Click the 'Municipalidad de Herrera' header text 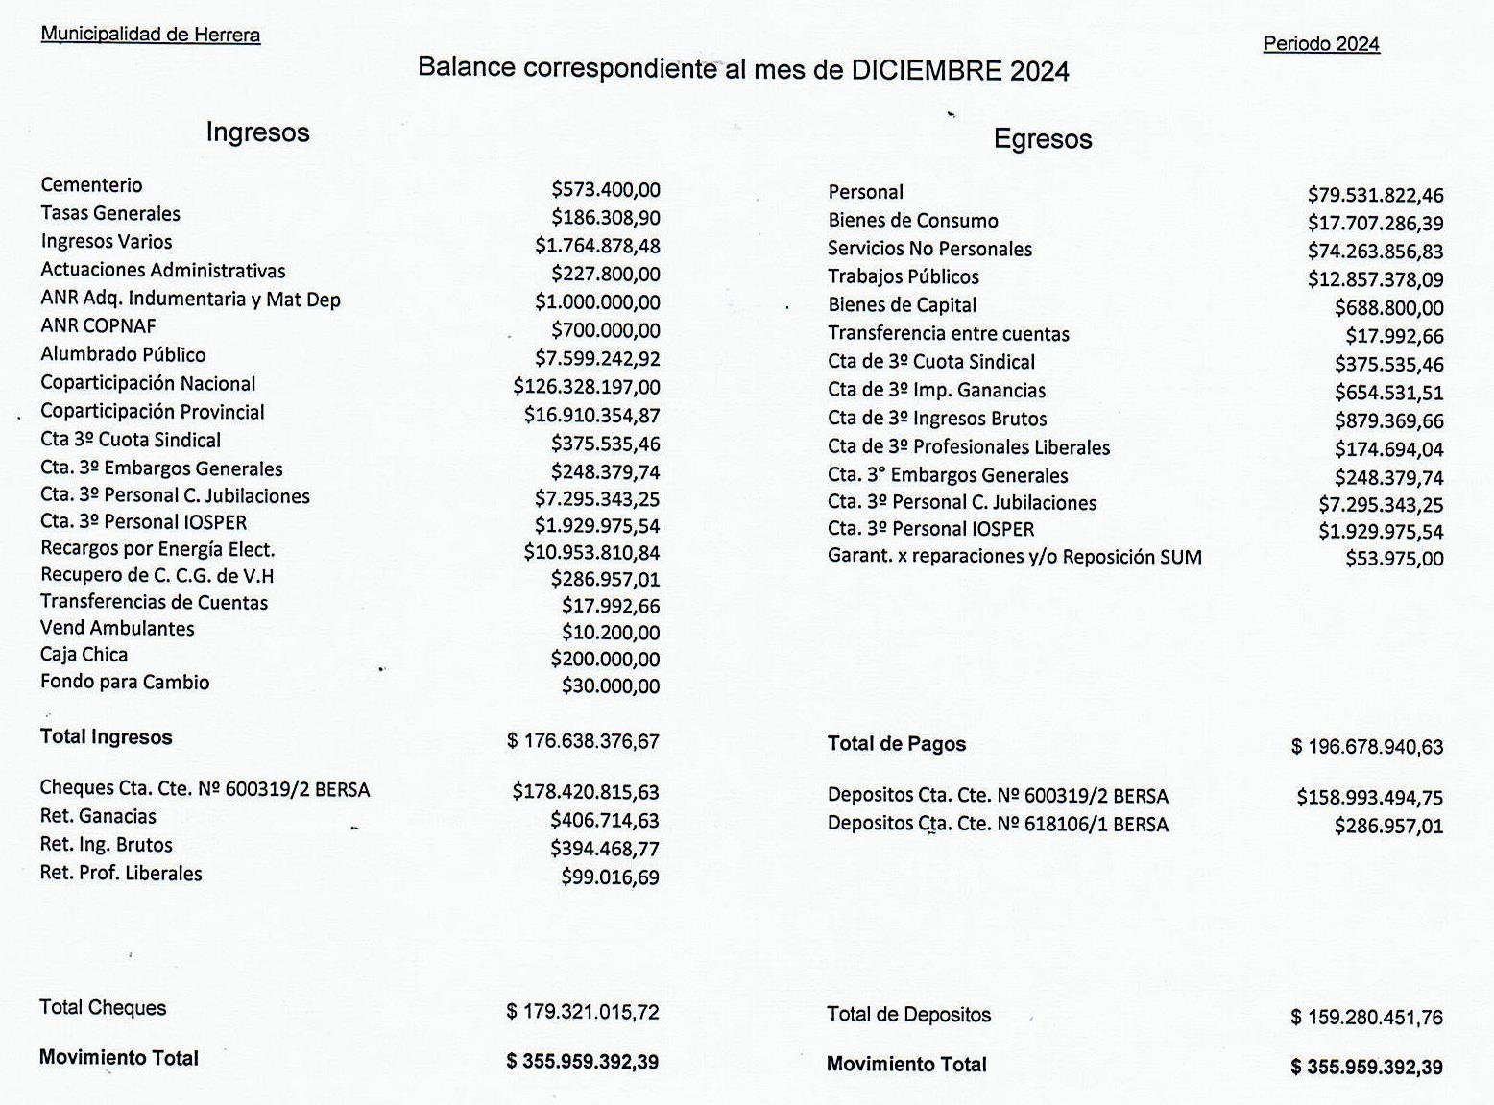(150, 35)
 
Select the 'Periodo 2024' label (1321, 44)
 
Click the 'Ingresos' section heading (257, 132)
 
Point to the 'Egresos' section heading (1043, 139)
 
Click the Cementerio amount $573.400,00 (606, 190)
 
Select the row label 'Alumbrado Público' (123, 355)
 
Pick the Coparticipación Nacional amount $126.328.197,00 (587, 387)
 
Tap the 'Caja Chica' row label (84, 655)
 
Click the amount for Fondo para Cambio (611, 686)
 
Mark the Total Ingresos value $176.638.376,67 (583, 741)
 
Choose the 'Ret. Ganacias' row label (98, 817)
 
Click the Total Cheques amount (583, 1012)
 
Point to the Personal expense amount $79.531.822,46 (1375, 196)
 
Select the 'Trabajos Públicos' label (904, 277)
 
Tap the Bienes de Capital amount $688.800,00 (1388, 308)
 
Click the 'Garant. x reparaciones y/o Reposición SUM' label (1015, 558)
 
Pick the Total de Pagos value (1367, 747)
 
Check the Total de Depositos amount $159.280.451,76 (1366, 1018)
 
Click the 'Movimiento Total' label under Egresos (906, 1065)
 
